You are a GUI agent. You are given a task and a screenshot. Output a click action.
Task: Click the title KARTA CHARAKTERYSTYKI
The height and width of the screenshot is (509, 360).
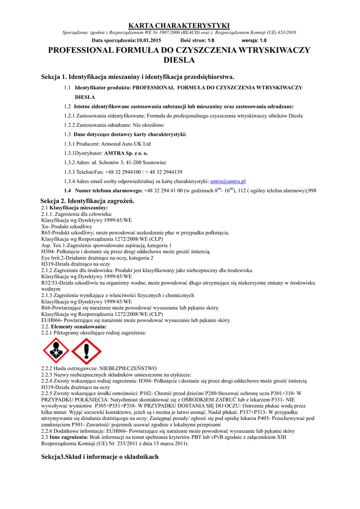tap(180, 25)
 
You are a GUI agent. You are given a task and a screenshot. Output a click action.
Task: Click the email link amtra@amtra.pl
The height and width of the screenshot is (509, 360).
tap(231, 181)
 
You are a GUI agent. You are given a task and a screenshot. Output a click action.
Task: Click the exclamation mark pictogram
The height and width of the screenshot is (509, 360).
tap(87, 350)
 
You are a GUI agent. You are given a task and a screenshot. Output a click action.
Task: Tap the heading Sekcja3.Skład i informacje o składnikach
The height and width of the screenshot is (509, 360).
tap(99, 456)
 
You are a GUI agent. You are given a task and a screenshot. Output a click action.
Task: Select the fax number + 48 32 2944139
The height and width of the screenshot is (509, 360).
tap(162, 171)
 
